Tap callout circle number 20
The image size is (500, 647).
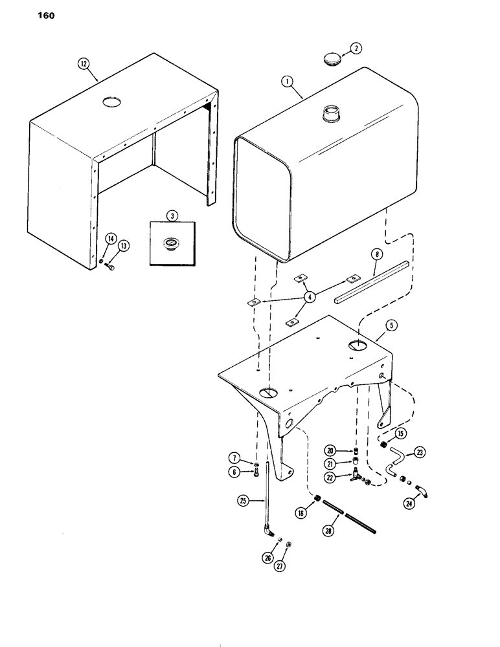click(330, 450)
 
